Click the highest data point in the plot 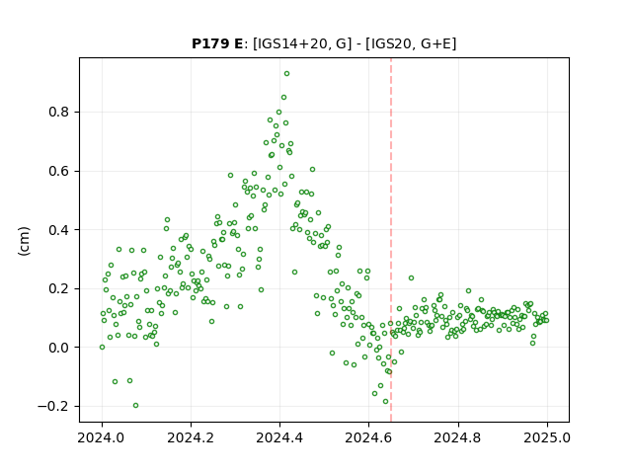coord(286,74)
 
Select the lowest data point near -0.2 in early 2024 coord(136,406)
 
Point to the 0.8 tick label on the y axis coord(59,112)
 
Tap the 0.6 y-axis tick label coord(59,171)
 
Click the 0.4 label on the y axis coord(59,230)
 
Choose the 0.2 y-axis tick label coord(59,288)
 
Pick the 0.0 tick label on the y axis coord(59,348)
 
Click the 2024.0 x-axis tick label coord(102,437)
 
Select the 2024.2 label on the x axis coord(191,437)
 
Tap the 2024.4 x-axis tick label coord(279,437)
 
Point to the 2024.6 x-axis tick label coord(368,437)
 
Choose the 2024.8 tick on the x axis coord(458,437)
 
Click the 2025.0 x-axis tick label coord(547,437)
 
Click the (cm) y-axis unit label coord(24,241)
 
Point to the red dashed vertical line coord(391,240)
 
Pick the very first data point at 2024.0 coord(102,347)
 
